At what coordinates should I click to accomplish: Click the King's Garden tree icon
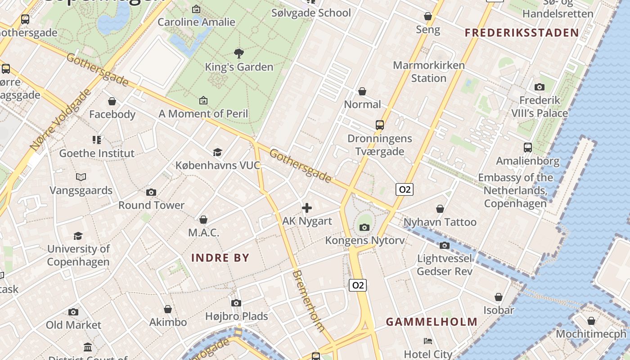pyautogui.click(x=239, y=54)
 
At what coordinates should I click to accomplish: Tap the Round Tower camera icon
pyautogui.click(x=151, y=192)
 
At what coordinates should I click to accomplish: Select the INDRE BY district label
pyautogui.click(x=220, y=258)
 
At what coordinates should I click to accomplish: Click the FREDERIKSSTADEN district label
pyautogui.click(x=522, y=32)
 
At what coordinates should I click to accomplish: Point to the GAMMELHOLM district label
pyautogui.click(x=432, y=322)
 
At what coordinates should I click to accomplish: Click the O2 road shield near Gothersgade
pyautogui.click(x=405, y=189)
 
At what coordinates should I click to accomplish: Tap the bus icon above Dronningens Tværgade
pyautogui.click(x=380, y=125)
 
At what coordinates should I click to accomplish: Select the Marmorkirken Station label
pyautogui.click(x=428, y=72)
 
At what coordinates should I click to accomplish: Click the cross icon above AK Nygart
pyautogui.click(x=307, y=207)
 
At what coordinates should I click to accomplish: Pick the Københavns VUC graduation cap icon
pyautogui.click(x=218, y=152)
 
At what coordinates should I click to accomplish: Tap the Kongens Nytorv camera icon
pyautogui.click(x=364, y=227)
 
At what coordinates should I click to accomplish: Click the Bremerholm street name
pyautogui.click(x=309, y=300)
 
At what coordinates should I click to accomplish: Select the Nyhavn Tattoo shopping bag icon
pyautogui.click(x=440, y=209)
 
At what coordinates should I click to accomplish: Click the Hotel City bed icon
pyautogui.click(x=428, y=341)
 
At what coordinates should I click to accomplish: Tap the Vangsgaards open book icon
pyautogui.click(x=81, y=177)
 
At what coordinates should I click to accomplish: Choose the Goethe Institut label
pyautogui.click(x=97, y=153)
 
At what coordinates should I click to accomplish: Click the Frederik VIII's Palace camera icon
pyautogui.click(x=539, y=87)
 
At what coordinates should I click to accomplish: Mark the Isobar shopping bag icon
pyautogui.click(x=499, y=297)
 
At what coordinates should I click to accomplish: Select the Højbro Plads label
pyautogui.click(x=237, y=316)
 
